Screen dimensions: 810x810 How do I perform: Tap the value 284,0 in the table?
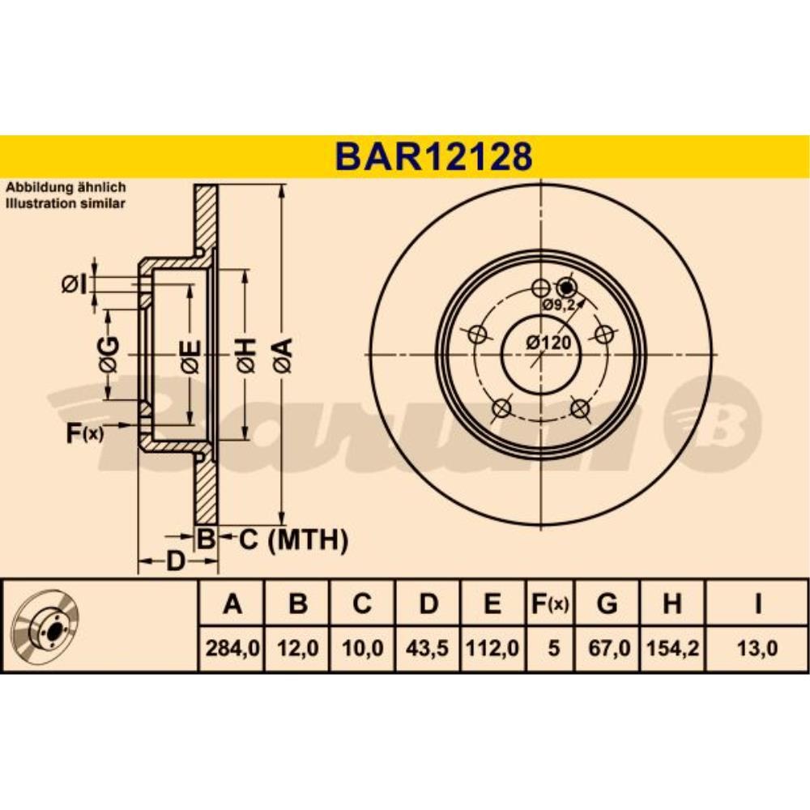click(x=232, y=648)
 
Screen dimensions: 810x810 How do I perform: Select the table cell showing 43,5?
click(x=427, y=648)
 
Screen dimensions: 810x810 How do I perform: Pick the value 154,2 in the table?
click(x=672, y=648)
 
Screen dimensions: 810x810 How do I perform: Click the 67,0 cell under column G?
click(x=608, y=648)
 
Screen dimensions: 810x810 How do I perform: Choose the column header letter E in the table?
click(x=492, y=603)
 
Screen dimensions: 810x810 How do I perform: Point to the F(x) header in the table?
click(x=550, y=604)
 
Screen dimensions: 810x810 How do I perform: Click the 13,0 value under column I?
click(x=757, y=648)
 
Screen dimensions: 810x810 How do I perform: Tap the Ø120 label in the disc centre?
click(x=549, y=343)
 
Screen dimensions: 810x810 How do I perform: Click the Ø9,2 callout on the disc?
click(x=559, y=305)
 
